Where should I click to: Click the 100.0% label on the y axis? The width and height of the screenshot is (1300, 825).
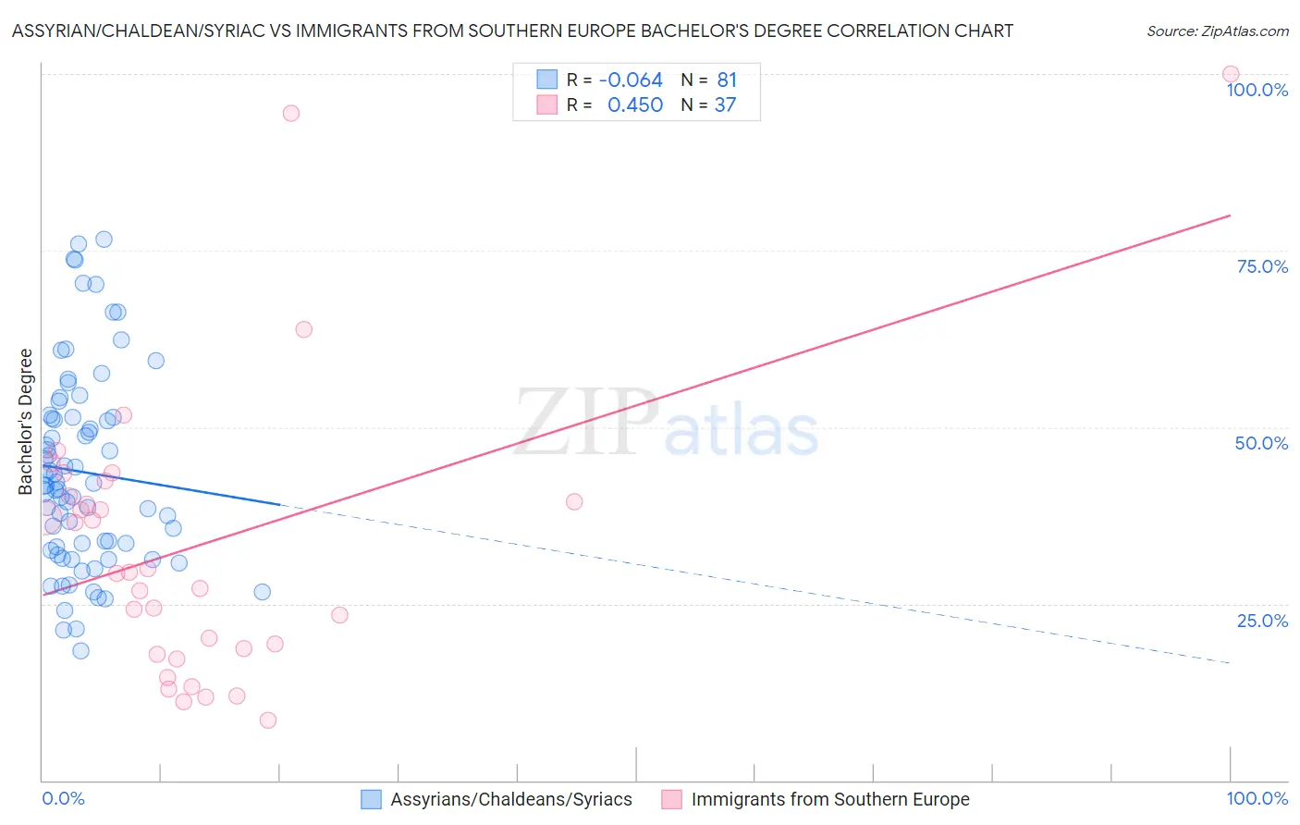click(x=1257, y=90)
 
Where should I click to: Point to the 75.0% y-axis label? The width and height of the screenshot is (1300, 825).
click(x=1262, y=266)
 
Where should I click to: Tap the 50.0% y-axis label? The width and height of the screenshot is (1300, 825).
click(x=1261, y=443)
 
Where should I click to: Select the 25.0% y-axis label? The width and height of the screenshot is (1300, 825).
click(x=1262, y=620)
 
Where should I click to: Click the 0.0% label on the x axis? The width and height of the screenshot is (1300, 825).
click(x=63, y=798)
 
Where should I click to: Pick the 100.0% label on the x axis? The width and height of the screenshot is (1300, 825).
click(x=1257, y=798)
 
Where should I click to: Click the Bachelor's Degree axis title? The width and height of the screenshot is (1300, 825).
click(x=26, y=422)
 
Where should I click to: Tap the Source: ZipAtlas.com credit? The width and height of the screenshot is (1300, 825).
click(x=1217, y=31)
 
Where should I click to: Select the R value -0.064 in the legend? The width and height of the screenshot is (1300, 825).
click(x=631, y=80)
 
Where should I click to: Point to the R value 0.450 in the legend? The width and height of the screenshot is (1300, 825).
click(x=634, y=105)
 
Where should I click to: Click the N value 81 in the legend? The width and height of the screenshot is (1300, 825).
click(x=727, y=80)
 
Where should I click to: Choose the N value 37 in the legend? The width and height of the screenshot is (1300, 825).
click(x=725, y=105)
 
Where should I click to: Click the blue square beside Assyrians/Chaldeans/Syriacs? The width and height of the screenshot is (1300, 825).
click(x=371, y=799)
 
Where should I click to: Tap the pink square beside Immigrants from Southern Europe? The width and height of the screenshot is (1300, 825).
click(x=671, y=799)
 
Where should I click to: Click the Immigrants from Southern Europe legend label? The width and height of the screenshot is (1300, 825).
click(x=829, y=799)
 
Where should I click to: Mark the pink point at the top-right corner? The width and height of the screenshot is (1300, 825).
click(x=1230, y=74)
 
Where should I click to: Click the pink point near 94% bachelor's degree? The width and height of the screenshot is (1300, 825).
click(x=290, y=113)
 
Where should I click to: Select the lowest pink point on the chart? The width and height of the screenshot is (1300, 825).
click(x=268, y=720)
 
